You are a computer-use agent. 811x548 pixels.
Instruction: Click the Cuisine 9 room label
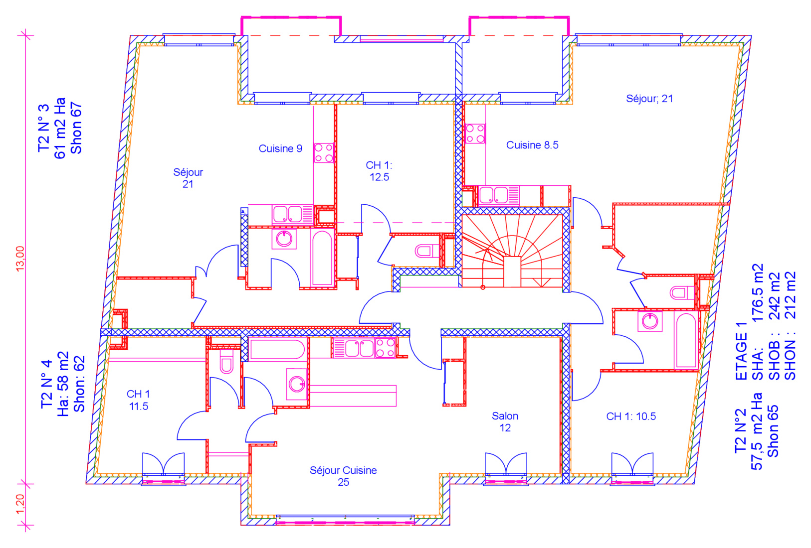[280, 148]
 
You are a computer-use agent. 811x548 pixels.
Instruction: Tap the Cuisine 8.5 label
[532, 145]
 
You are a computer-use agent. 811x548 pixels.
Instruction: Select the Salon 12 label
[505, 422]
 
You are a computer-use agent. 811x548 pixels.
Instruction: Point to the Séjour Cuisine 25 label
[343, 476]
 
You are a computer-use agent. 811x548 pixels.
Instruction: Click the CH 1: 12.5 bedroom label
[379, 171]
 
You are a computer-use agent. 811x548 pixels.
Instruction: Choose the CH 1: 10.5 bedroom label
[631, 416]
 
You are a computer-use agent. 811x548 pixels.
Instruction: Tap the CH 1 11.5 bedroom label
[138, 400]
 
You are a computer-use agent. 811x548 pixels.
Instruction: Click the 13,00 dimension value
[20, 258]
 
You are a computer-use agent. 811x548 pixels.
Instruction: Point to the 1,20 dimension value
[20, 504]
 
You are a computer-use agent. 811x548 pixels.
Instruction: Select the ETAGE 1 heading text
[741, 351]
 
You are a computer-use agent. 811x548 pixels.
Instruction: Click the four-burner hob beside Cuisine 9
[323, 152]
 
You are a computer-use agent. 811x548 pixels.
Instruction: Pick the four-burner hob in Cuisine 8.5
[475, 134]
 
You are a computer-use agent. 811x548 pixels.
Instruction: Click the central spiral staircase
[512, 251]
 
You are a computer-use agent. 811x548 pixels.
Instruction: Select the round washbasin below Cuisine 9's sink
[284, 239]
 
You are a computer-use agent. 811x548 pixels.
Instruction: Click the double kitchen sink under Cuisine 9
[288, 215]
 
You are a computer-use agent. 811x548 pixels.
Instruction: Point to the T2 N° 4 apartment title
[47, 384]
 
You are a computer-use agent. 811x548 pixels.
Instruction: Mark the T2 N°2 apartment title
[741, 430]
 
